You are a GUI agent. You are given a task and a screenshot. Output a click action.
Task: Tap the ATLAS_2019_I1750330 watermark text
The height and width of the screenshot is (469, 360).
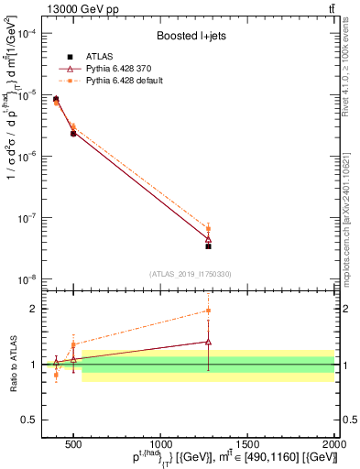[x=191, y=273]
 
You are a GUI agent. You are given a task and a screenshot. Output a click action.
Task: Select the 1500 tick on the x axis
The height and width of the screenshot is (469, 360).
[x=247, y=444]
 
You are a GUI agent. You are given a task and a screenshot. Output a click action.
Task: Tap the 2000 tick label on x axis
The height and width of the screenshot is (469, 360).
[x=333, y=444]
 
